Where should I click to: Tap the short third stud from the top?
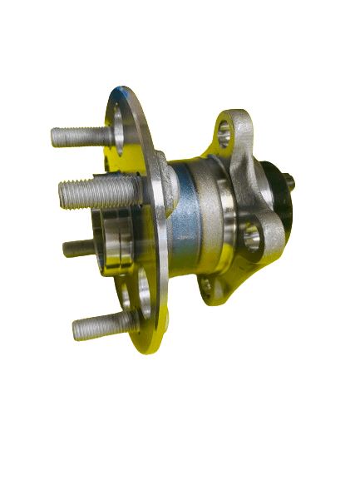(79, 247)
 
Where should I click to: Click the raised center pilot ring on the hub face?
(112, 241)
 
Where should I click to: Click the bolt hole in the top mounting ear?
(224, 129)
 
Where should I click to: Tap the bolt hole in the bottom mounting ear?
(206, 288)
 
